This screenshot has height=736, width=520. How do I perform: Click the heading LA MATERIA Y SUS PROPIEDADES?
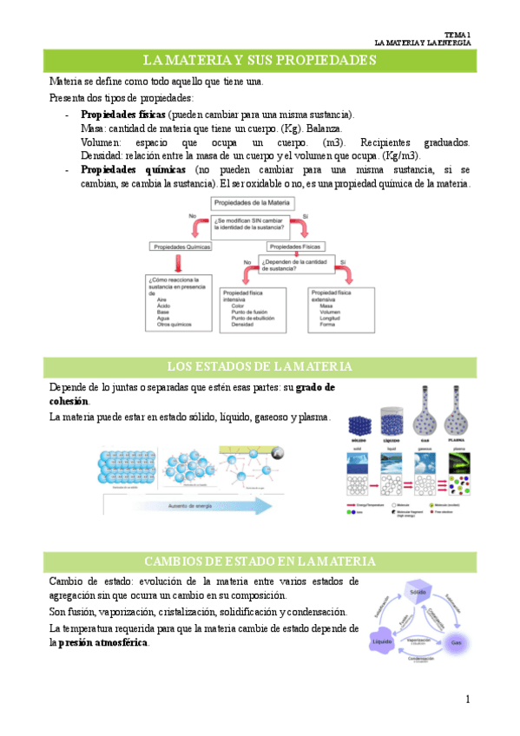click(260, 60)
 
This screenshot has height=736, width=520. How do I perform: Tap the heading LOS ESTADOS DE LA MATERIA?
click(260, 365)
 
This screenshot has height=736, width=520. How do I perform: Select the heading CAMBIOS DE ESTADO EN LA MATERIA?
click(260, 561)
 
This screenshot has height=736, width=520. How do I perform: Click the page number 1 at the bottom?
click(468, 699)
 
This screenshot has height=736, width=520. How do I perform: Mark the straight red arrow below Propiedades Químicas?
click(179, 263)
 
